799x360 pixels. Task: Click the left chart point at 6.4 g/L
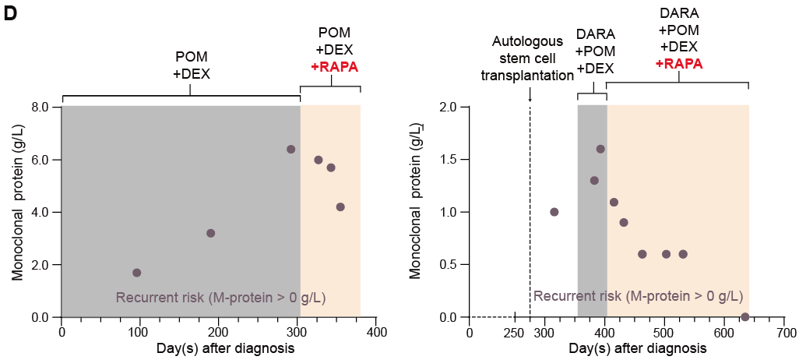(x=290, y=149)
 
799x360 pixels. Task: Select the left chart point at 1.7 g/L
(x=137, y=273)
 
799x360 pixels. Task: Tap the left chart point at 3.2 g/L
(x=210, y=233)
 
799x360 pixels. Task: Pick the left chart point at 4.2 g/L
(x=340, y=206)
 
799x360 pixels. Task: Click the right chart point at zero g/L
(x=745, y=317)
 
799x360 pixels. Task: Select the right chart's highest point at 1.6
(x=600, y=149)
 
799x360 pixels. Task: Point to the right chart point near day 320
(x=554, y=212)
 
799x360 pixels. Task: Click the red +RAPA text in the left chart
(x=334, y=66)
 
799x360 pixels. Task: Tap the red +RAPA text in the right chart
(x=679, y=63)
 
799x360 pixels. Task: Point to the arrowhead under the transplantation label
(x=530, y=98)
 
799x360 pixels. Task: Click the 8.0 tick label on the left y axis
(x=39, y=107)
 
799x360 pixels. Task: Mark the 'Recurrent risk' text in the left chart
(x=220, y=297)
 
